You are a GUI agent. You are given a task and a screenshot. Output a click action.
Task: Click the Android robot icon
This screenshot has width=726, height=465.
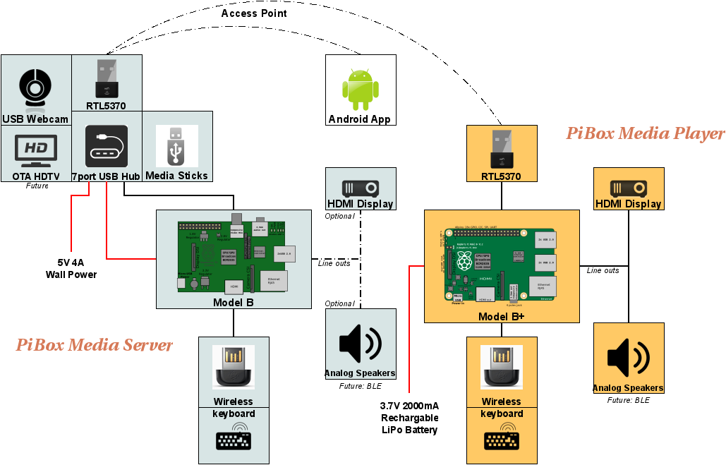coord(360,90)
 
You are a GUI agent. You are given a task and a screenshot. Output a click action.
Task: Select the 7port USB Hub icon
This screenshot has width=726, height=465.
coord(106,147)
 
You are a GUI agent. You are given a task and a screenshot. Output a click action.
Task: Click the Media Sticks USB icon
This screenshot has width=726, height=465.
coord(176,146)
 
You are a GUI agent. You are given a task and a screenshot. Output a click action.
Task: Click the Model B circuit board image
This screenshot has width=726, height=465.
coord(233,257)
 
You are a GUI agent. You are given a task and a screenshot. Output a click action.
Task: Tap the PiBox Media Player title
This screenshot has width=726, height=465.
coord(645,133)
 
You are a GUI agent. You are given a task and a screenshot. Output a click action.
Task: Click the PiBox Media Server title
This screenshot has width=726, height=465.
coord(94,345)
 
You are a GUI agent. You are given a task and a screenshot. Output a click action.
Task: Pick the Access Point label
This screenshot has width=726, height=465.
coord(254,13)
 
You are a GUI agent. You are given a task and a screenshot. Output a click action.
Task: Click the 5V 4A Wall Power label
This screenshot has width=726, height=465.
coord(71,269)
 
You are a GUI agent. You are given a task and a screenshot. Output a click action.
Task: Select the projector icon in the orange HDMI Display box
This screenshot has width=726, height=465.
coord(628,188)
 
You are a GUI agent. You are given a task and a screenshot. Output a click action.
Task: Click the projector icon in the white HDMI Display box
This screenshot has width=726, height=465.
coord(360,188)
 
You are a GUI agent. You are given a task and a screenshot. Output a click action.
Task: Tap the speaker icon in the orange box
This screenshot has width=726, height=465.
coord(628,357)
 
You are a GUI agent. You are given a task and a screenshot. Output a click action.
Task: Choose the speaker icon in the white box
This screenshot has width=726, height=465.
coord(360,344)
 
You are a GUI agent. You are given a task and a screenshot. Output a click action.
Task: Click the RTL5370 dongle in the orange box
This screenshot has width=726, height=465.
coord(502,148)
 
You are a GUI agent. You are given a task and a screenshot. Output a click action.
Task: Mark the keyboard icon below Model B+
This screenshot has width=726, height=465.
coord(502,440)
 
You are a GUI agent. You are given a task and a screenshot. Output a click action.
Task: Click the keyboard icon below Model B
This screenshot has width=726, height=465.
coord(234,439)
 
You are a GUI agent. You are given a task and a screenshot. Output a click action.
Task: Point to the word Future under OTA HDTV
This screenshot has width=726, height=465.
coord(37,186)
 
